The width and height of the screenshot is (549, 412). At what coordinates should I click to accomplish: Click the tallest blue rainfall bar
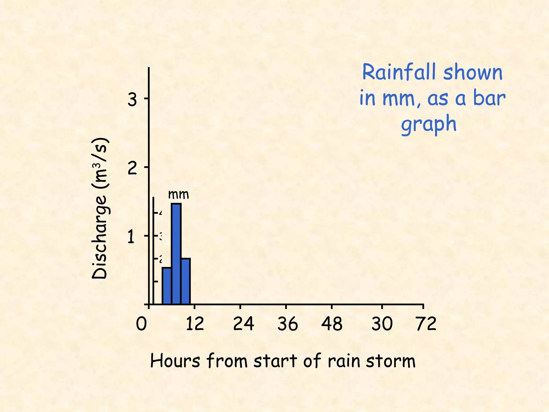tap(176, 253)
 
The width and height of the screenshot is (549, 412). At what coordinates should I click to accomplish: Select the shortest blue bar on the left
tap(167, 286)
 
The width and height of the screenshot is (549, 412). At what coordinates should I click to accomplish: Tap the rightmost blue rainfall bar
tap(186, 281)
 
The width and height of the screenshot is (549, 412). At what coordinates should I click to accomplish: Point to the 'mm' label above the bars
tap(179, 194)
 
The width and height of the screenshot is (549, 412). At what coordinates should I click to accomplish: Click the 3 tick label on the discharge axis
tap(132, 100)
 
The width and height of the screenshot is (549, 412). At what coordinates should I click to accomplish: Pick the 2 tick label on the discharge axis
tap(132, 168)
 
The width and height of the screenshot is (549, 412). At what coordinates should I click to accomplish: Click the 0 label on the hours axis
tap(141, 324)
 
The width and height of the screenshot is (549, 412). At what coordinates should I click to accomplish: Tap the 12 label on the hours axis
tap(195, 324)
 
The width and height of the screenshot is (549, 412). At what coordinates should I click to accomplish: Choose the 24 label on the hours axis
tap(243, 324)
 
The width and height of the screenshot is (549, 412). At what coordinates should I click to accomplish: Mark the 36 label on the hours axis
tap(288, 324)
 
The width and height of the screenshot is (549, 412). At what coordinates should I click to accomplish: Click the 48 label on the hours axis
tap(332, 324)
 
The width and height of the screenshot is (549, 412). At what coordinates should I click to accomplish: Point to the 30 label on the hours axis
tap(382, 324)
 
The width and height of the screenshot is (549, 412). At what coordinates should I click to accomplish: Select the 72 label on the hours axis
tap(426, 324)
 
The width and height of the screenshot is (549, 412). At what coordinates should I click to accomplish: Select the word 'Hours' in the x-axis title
tap(175, 361)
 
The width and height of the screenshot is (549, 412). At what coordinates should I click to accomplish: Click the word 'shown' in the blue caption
tap(473, 72)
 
